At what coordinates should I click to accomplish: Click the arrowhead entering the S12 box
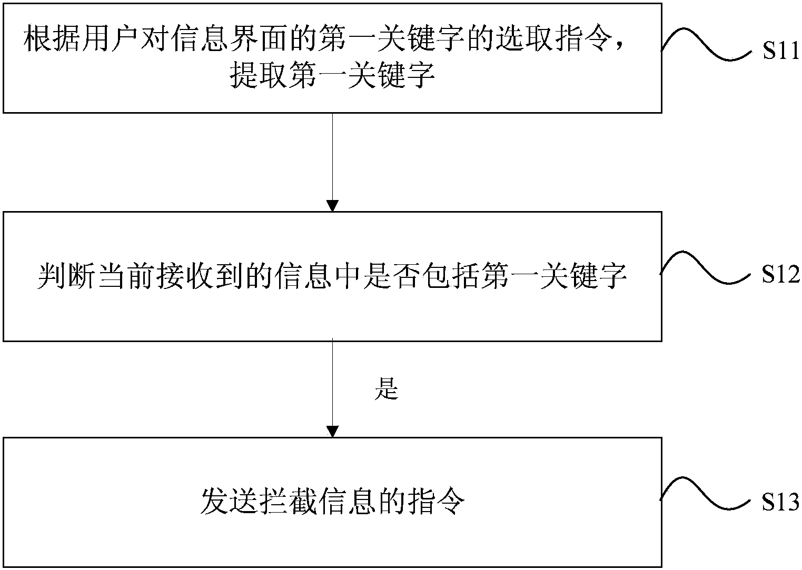pyautogui.click(x=332, y=205)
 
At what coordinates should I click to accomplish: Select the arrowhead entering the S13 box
pyautogui.click(x=332, y=431)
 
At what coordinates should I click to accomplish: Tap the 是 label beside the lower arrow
pyautogui.click(x=386, y=389)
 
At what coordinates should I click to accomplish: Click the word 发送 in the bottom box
pyautogui.click(x=230, y=502)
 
